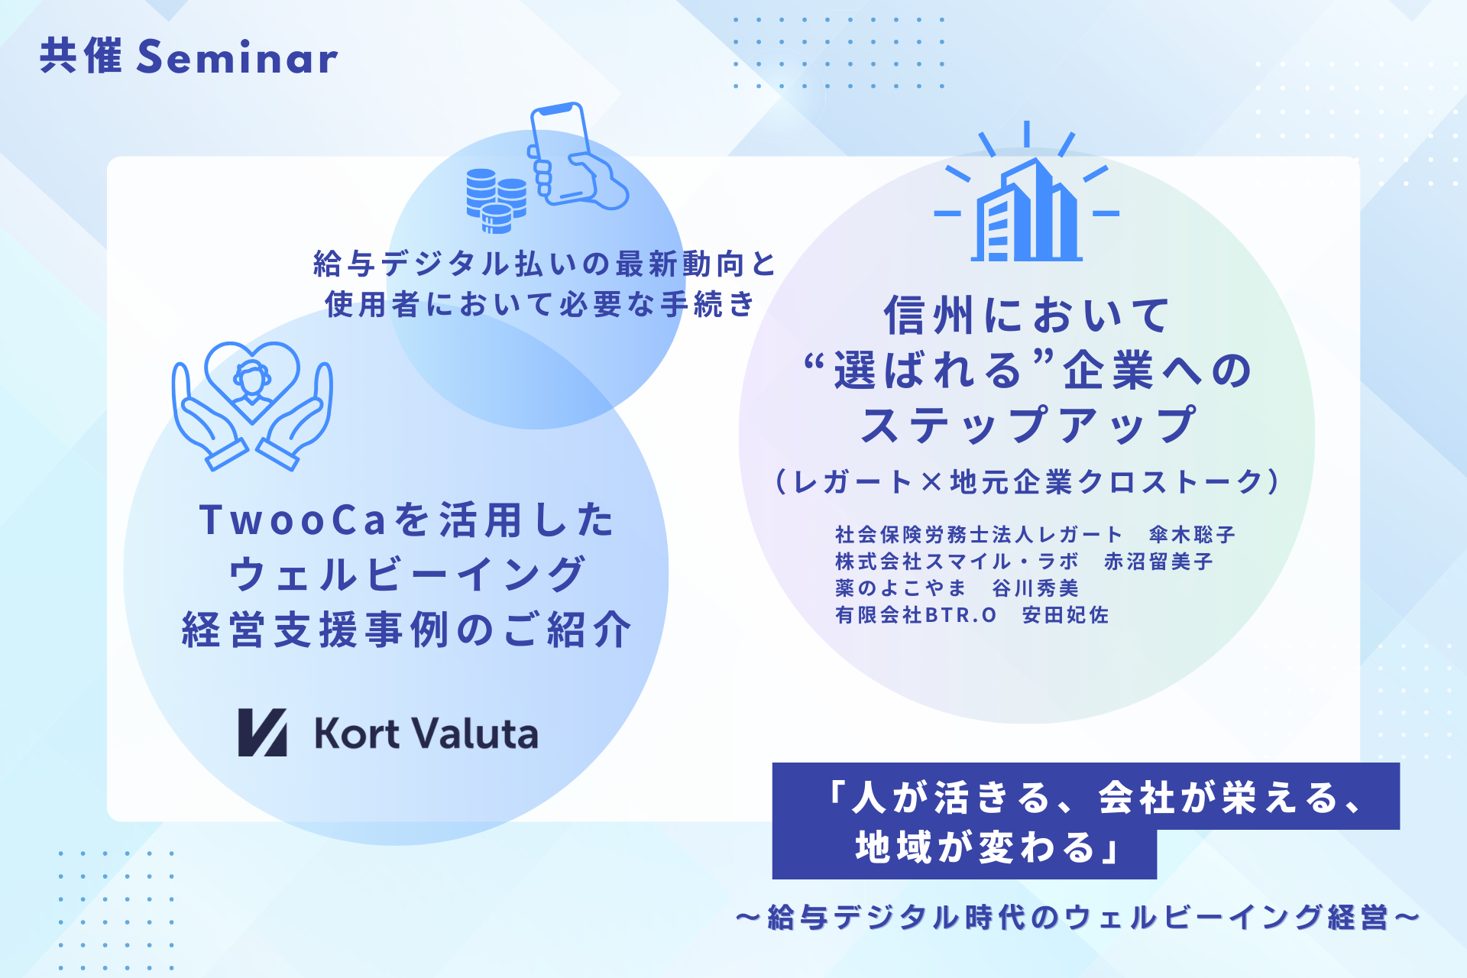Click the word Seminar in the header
pos(237,58)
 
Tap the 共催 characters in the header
pos(81,57)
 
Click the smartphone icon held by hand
pos(569,157)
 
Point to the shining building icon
pos(1026,195)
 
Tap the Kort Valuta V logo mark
pos(262,733)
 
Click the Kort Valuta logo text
pos(426,733)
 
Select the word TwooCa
pos(293,520)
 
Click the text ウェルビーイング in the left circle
pos(406,575)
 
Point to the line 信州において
pos(1026,316)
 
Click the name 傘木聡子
pos(1192,535)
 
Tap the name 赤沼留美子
pos(1158,562)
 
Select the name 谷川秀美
pos(1035,588)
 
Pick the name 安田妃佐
pos(1065,615)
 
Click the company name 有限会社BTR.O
pos(916,615)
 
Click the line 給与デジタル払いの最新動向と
pos(545,264)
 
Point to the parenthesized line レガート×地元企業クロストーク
pos(1027,482)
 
